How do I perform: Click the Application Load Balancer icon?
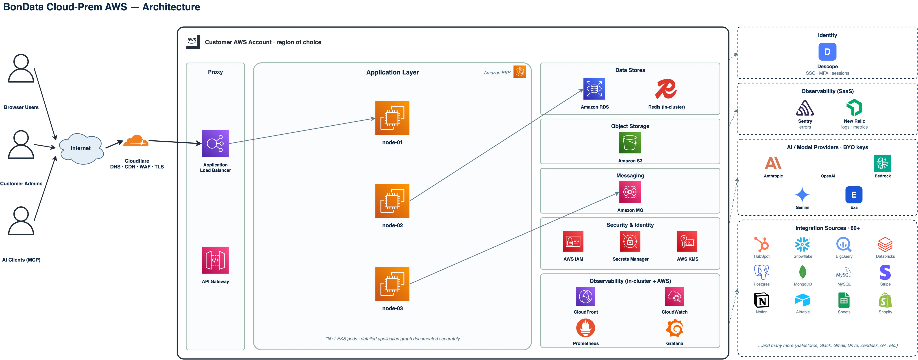pyautogui.click(x=215, y=144)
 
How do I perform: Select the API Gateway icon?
pyautogui.click(x=215, y=260)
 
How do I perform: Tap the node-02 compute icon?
pyautogui.click(x=392, y=201)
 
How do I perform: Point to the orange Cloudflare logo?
pyautogui.click(x=136, y=141)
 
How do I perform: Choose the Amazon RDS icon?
pyautogui.click(x=594, y=89)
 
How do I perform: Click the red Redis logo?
pyautogui.click(x=666, y=89)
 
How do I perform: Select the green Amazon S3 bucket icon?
pyautogui.click(x=630, y=143)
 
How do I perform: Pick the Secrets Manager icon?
pyautogui.click(x=630, y=242)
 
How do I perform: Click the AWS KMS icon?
pyautogui.click(x=687, y=242)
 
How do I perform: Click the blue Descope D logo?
pyautogui.click(x=827, y=52)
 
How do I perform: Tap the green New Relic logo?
pyautogui.click(x=854, y=108)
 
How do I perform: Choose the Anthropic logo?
pyautogui.click(x=773, y=163)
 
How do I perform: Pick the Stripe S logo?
pyautogui.click(x=885, y=272)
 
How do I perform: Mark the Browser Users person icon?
pyautogui.click(x=21, y=68)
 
